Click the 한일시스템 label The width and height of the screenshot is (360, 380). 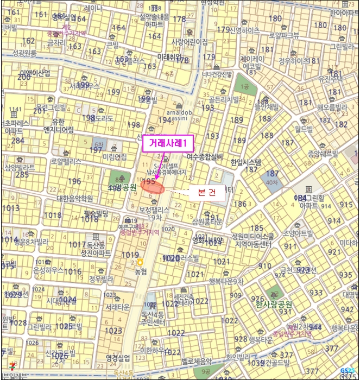(245, 162)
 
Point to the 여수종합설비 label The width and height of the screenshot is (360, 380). (205, 156)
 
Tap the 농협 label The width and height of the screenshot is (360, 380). (140, 271)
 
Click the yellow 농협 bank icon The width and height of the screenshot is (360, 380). (140, 262)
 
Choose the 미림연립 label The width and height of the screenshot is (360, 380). (114, 157)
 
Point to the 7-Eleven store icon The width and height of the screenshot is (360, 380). (5, 367)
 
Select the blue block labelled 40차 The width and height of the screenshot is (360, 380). (271, 179)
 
